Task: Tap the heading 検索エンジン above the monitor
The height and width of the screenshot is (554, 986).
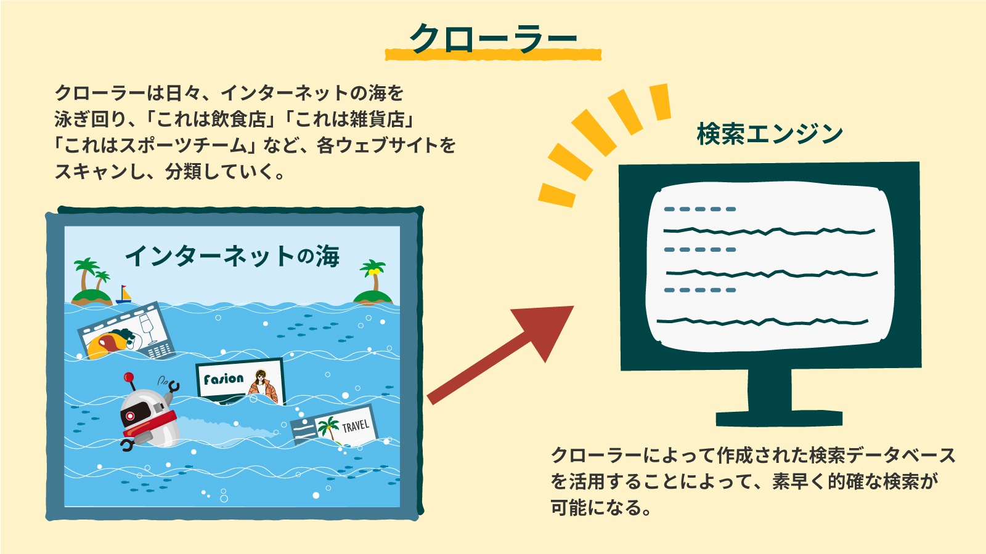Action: coord(770,134)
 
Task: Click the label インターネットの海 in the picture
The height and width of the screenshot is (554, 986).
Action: coord(232,256)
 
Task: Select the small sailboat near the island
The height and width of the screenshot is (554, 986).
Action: coord(124,295)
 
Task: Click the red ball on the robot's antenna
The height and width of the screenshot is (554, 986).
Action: coord(129,377)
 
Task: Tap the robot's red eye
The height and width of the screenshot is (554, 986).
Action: coord(130,415)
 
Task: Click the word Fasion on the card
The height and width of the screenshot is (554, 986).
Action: coord(224,379)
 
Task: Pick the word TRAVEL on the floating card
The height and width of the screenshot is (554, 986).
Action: coord(356,425)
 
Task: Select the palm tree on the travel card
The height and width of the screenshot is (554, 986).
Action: coord(328,428)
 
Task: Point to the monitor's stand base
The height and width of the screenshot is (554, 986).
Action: coord(779,419)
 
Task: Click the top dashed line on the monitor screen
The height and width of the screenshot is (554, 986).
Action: coord(700,209)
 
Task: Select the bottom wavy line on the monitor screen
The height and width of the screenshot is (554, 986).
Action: coord(762,322)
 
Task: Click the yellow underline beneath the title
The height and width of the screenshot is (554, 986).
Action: coord(493,55)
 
